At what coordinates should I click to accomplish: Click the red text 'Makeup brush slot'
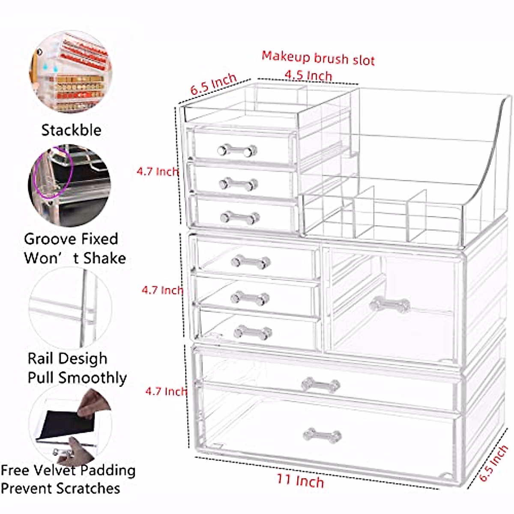[x=318, y=58]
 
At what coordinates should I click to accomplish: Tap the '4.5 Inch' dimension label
[x=308, y=75]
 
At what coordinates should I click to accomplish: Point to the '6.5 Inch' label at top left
[x=213, y=84]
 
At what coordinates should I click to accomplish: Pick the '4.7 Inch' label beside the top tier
[x=157, y=172]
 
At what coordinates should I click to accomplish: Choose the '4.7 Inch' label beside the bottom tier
[x=165, y=391]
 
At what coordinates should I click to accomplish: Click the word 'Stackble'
[x=71, y=130]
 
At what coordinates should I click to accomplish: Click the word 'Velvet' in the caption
[x=56, y=470]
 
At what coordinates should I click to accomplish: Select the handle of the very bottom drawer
[x=322, y=436]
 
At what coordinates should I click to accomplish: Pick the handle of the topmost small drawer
[x=237, y=151]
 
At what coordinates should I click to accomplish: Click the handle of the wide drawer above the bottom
[x=320, y=385]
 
